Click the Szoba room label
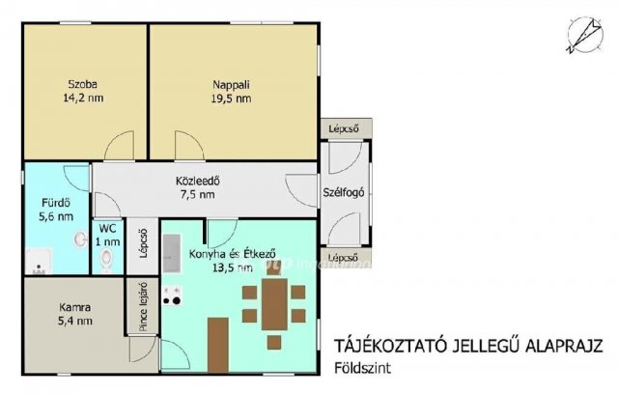point(83,84)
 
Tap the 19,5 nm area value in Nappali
point(232,99)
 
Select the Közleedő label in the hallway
point(197,181)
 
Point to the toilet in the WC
point(106,260)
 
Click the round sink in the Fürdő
point(81,239)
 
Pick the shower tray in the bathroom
point(39,261)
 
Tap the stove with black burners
point(172,296)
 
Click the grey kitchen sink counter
point(172,253)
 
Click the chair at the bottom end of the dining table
point(274,342)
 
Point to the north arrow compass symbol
point(585,35)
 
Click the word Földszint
point(363,368)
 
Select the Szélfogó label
point(344,193)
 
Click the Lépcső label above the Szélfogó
point(344,128)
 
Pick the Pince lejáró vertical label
point(143,307)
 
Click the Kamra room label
point(75,307)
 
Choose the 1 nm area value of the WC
point(107,241)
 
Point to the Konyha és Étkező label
point(232,253)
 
